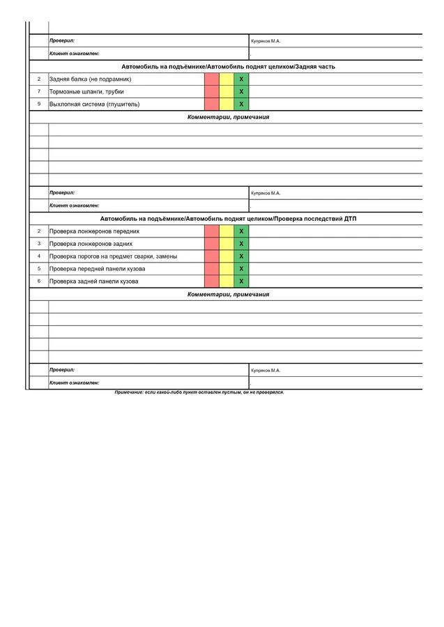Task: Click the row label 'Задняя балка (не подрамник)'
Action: click(90, 79)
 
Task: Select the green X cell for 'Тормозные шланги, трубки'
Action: click(241, 92)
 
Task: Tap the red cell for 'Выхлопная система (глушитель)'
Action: click(211, 104)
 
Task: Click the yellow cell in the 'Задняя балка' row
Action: click(227, 79)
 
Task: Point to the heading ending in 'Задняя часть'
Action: click(228, 67)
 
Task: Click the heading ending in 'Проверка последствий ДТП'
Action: click(228, 219)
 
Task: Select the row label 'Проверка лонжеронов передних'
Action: click(94, 231)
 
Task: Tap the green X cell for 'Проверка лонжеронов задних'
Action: click(241, 244)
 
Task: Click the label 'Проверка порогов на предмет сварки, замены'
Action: click(113, 256)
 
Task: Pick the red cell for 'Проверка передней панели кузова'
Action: click(211, 269)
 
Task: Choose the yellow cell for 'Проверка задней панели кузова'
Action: click(227, 281)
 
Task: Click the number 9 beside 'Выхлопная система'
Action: click(39, 104)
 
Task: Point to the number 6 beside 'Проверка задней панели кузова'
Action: click(39, 281)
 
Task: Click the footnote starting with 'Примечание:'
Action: click(199, 392)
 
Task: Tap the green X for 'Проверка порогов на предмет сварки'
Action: click(241, 256)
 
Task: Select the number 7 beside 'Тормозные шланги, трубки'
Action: click(39, 92)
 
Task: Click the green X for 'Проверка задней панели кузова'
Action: click(241, 281)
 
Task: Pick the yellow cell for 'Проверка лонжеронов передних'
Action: click(227, 231)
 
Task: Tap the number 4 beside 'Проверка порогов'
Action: click(39, 256)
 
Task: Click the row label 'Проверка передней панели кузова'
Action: click(97, 269)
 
